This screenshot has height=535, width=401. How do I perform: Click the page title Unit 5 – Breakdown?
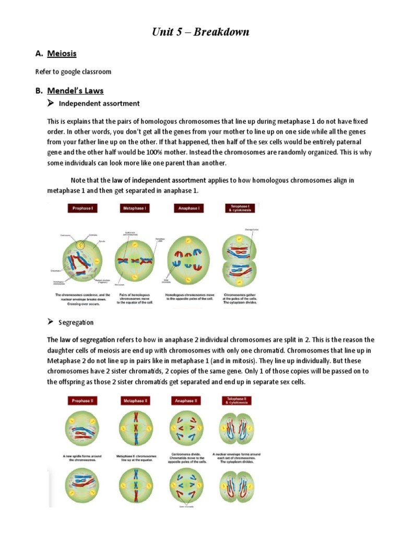(200, 32)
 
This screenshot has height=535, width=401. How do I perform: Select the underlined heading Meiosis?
(62, 53)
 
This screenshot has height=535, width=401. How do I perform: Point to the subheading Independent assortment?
(99, 103)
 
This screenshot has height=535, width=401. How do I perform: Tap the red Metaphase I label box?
(134, 208)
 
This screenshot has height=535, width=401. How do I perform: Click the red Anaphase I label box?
(188, 208)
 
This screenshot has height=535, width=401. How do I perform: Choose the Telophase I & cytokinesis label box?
(240, 208)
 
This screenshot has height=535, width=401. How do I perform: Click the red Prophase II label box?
(81, 401)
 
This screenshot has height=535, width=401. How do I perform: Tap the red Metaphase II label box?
(134, 401)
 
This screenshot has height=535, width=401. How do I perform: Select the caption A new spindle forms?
(81, 458)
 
